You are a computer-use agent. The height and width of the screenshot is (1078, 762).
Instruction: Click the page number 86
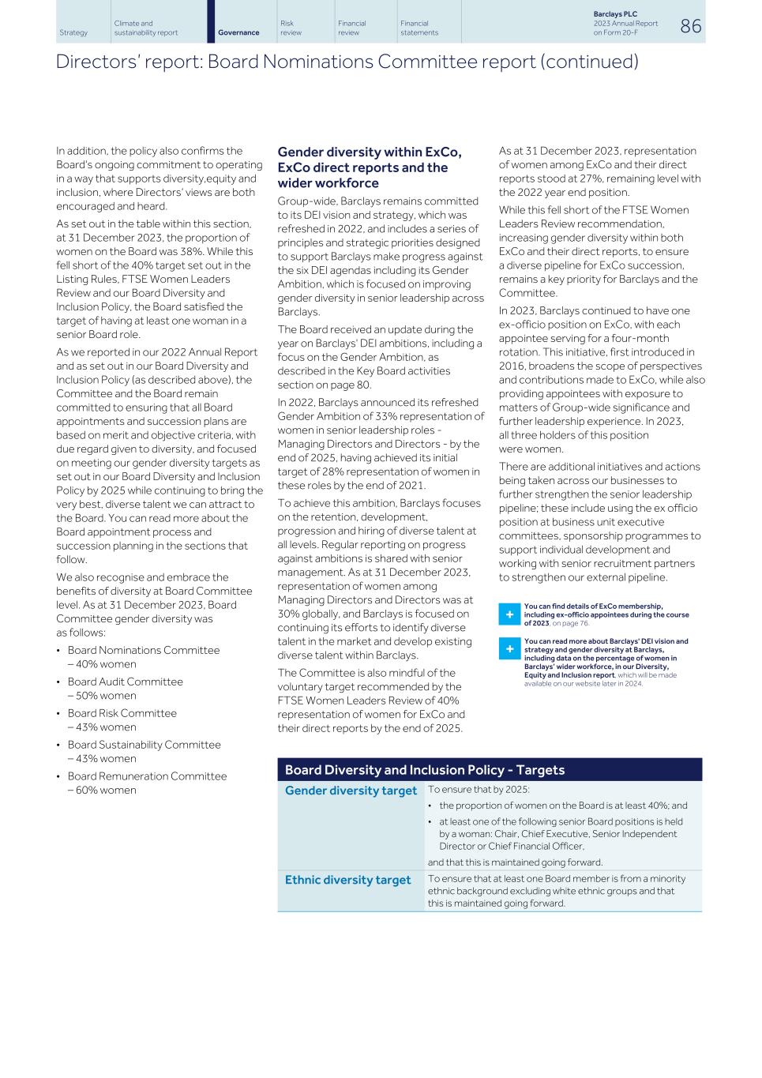(689, 26)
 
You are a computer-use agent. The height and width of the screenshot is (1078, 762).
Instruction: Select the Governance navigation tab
(238, 32)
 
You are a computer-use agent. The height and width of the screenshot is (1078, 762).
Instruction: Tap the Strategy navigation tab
(73, 32)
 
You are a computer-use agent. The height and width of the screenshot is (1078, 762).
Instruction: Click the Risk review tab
(291, 28)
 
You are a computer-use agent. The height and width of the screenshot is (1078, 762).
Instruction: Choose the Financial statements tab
(419, 28)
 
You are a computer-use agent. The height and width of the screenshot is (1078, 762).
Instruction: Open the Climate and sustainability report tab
(145, 28)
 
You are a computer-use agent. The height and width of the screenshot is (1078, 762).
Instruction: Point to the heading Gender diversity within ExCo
(369, 152)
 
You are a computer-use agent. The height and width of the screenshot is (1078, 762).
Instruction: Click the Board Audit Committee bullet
(125, 682)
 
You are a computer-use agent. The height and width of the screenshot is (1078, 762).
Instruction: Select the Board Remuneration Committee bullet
(147, 776)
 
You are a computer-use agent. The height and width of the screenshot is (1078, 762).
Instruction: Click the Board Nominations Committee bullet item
(143, 650)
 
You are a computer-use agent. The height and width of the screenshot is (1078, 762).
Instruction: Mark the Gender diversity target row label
(350, 791)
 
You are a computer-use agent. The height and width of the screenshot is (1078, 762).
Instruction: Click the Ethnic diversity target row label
(347, 880)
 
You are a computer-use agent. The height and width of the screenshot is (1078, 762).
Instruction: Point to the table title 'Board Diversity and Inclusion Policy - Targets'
(424, 770)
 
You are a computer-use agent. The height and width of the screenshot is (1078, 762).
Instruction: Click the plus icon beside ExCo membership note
(509, 614)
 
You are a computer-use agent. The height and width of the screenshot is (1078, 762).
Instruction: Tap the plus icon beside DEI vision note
(509, 649)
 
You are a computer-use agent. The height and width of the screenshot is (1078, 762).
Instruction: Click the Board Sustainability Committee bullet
(144, 745)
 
